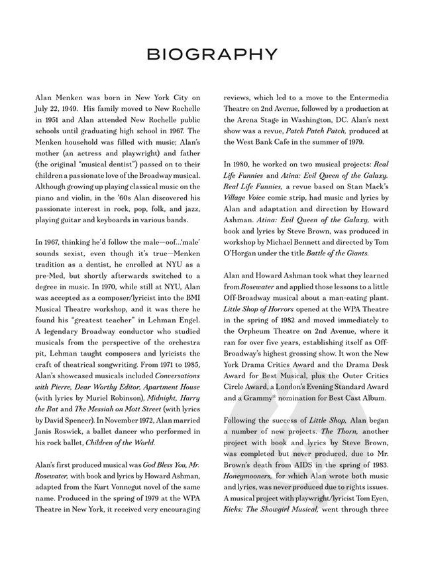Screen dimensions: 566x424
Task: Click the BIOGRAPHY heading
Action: click(212, 52)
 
